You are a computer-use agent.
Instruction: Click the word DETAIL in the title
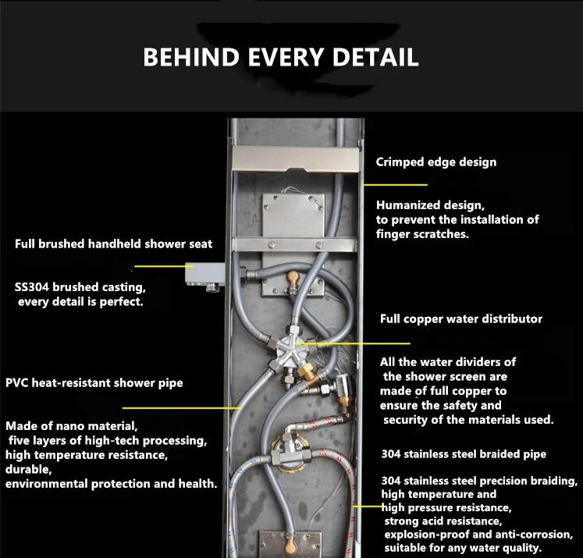pyautogui.click(x=375, y=57)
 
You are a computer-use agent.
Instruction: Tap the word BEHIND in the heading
pyautogui.click(x=191, y=57)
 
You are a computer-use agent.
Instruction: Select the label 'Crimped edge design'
pyautogui.click(x=436, y=162)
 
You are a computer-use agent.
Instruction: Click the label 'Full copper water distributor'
pyautogui.click(x=461, y=319)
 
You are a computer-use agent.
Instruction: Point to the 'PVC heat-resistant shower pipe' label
pyautogui.click(x=94, y=383)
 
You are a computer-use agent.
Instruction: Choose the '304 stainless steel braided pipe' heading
pyautogui.click(x=464, y=454)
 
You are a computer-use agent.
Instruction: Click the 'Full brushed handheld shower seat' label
pyautogui.click(x=113, y=243)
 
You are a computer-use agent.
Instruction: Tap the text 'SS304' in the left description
pyautogui.click(x=31, y=287)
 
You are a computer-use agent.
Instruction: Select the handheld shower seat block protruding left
pyautogui.click(x=204, y=275)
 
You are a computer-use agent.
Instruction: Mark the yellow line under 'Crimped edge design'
pyautogui.click(x=395, y=184)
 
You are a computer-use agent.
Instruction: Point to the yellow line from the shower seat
pyautogui.click(x=165, y=266)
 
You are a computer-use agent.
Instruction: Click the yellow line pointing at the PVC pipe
pyautogui.click(x=182, y=408)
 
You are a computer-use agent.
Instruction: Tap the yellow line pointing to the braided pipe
pyautogui.click(x=368, y=506)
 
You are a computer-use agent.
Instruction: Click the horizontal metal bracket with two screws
pyautogui.click(x=294, y=245)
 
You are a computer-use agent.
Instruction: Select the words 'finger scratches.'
pyautogui.click(x=422, y=234)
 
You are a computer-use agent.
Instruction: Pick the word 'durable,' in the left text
pyautogui.click(x=29, y=469)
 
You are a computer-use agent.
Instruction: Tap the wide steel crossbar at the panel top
pyautogui.click(x=295, y=159)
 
